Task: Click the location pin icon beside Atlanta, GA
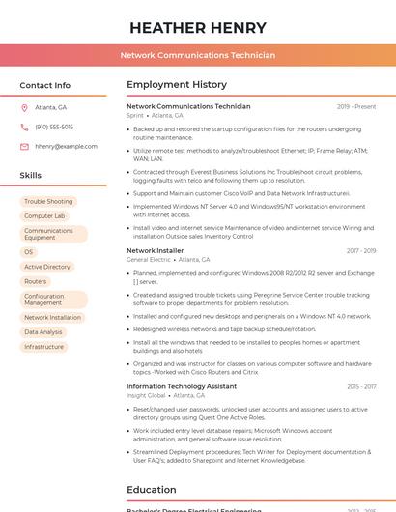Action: [x=25, y=107]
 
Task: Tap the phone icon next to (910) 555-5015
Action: [x=25, y=127]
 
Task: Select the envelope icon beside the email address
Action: [x=25, y=146]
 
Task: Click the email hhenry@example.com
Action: [x=66, y=146]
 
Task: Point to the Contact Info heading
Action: [x=45, y=85]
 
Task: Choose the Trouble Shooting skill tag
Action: [x=48, y=201]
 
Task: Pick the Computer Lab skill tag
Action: [x=44, y=216]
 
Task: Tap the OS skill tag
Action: [x=29, y=251]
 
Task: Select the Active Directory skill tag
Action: [x=47, y=267]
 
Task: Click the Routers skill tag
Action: [x=35, y=282]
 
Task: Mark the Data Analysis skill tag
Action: [x=43, y=332]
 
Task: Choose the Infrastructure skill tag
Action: [x=44, y=347]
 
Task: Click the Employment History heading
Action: [x=177, y=85]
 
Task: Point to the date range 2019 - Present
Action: [x=356, y=106]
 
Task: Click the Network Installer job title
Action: [x=155, y=250]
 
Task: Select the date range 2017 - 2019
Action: [x=361, y=250]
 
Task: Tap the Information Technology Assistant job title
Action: [x=182, y=386]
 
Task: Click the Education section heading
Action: [x=152, y=489]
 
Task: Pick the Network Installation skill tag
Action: [x=53, y=317]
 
